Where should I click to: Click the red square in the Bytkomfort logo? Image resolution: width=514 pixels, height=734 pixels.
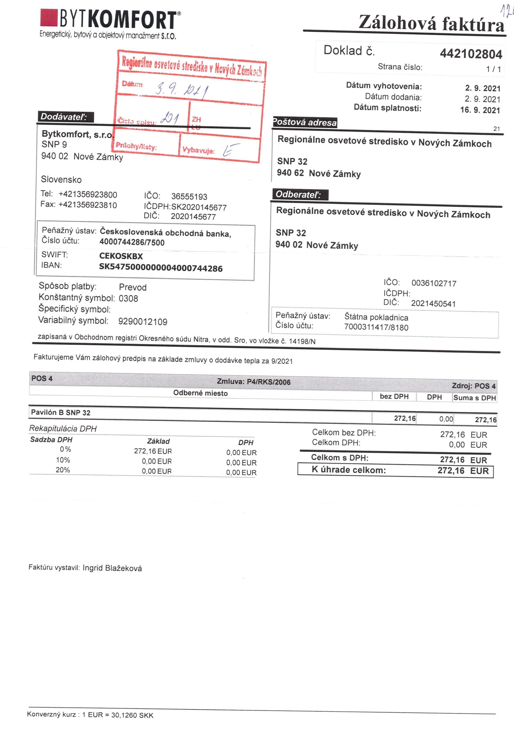49,18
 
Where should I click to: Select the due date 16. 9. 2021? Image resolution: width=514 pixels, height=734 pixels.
480,110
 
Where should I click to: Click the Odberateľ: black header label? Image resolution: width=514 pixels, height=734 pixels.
300,194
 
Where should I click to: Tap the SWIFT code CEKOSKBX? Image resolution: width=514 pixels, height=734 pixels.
121,256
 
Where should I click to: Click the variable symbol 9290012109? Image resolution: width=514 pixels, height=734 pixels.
143,321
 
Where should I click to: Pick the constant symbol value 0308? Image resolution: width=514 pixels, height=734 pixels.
128,298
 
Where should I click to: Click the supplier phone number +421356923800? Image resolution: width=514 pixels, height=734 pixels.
88,194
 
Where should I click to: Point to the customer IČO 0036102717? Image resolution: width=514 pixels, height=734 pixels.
434,283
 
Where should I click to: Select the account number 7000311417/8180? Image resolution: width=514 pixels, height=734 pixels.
376,327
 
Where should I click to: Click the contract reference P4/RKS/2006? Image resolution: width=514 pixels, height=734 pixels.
269,382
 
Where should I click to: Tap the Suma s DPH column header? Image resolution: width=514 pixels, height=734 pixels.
474,398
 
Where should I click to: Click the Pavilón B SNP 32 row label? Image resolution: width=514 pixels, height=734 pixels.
61,412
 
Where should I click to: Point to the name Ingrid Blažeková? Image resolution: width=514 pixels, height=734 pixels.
112,568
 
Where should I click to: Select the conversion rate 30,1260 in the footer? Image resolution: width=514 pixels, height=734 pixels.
124,715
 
